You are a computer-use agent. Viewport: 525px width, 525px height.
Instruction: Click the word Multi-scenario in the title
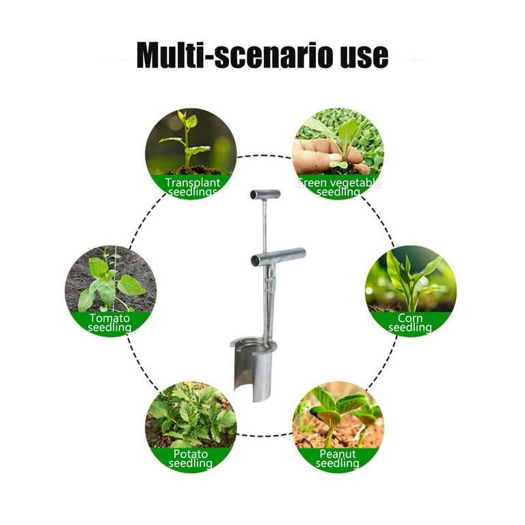(235, 55)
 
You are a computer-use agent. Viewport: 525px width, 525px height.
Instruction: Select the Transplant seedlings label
(193, 187)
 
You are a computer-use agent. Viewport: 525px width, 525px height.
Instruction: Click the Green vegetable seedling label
(338, 187)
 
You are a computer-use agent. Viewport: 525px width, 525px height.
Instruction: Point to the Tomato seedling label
(109, 323)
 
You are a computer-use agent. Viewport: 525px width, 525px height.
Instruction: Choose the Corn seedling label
(410, 323)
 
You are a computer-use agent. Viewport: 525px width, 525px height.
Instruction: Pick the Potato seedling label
(191, 459)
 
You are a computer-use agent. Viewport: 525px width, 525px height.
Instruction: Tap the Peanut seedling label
(338, 459)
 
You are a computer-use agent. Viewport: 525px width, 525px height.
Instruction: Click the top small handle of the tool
(265, 194)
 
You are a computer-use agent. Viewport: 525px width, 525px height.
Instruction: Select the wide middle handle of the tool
(278, 257)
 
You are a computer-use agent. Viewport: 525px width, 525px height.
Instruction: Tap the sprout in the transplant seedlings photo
(186, 141)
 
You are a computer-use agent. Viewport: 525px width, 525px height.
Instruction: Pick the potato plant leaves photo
(191, 415)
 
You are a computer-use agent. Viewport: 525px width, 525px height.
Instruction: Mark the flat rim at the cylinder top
(254, 343)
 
